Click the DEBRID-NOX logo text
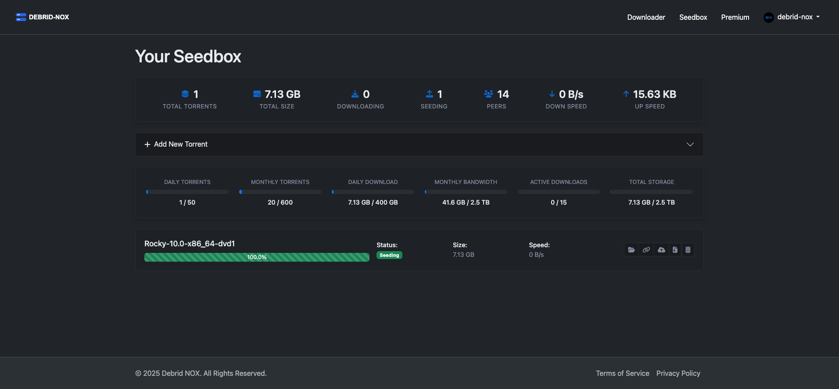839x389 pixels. (49, 17)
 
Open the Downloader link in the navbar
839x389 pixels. (646, 17)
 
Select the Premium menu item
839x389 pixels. (735, 17)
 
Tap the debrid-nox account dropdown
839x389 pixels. (792, 17)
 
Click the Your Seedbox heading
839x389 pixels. (188, 57)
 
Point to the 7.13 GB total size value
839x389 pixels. (282, 94)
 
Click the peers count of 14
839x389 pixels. (503, 94)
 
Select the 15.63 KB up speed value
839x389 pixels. (654, 94)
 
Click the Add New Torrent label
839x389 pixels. (180, 144)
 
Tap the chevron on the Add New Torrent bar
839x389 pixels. (690, 144)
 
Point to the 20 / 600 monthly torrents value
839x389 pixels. (280, 202)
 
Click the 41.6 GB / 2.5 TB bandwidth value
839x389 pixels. (466, 202)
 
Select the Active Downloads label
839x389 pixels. (558, 182)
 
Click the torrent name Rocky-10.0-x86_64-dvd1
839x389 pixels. (190, 244)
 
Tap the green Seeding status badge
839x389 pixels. (389, 255)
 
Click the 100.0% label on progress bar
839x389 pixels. (257, 257)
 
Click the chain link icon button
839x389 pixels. (646, 250)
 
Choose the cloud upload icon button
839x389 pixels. (661, 250)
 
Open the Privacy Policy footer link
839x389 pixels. (678, 373)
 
